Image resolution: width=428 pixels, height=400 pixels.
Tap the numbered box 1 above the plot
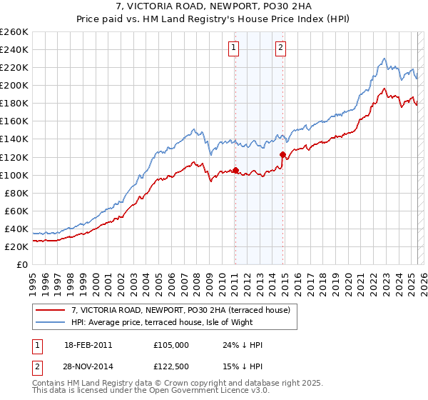[x=234, y=48]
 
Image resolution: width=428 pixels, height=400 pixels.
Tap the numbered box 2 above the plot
[x=281, y=48]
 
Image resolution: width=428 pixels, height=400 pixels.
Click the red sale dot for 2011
[x=235, y=170]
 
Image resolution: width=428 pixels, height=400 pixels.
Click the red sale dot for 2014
[x=283, y=154]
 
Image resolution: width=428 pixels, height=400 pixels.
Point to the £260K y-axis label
[x=14, y=32]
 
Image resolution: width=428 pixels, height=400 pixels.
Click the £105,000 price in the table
[x=171, y=345]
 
